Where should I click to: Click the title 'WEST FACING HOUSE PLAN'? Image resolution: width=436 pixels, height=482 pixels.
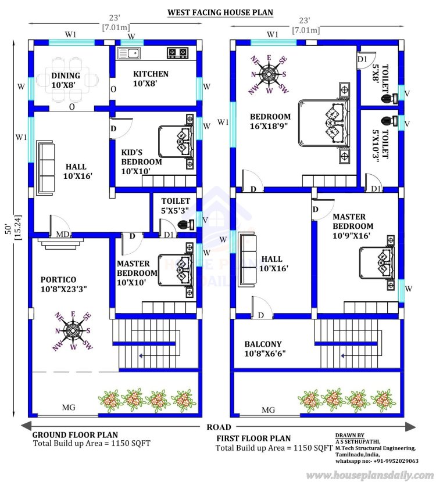click(220, 12)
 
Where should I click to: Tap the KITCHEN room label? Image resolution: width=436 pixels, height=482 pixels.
click(151, 79)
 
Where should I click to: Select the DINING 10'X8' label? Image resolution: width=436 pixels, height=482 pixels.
click(66, 80)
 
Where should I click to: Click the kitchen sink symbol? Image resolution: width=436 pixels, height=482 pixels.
click(128, 53)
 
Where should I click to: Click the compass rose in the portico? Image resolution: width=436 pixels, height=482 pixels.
click(73, 331)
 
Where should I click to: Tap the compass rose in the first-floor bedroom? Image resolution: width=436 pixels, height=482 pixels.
click(269, 74)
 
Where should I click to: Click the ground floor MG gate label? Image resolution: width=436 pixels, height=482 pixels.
click(69, 408)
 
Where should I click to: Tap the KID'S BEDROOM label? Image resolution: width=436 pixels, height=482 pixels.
click(141, 161)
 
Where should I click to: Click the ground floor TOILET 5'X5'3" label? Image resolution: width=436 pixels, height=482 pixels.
click(176, 206)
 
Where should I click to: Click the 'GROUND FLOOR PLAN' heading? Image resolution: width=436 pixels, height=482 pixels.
click(74, 434)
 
